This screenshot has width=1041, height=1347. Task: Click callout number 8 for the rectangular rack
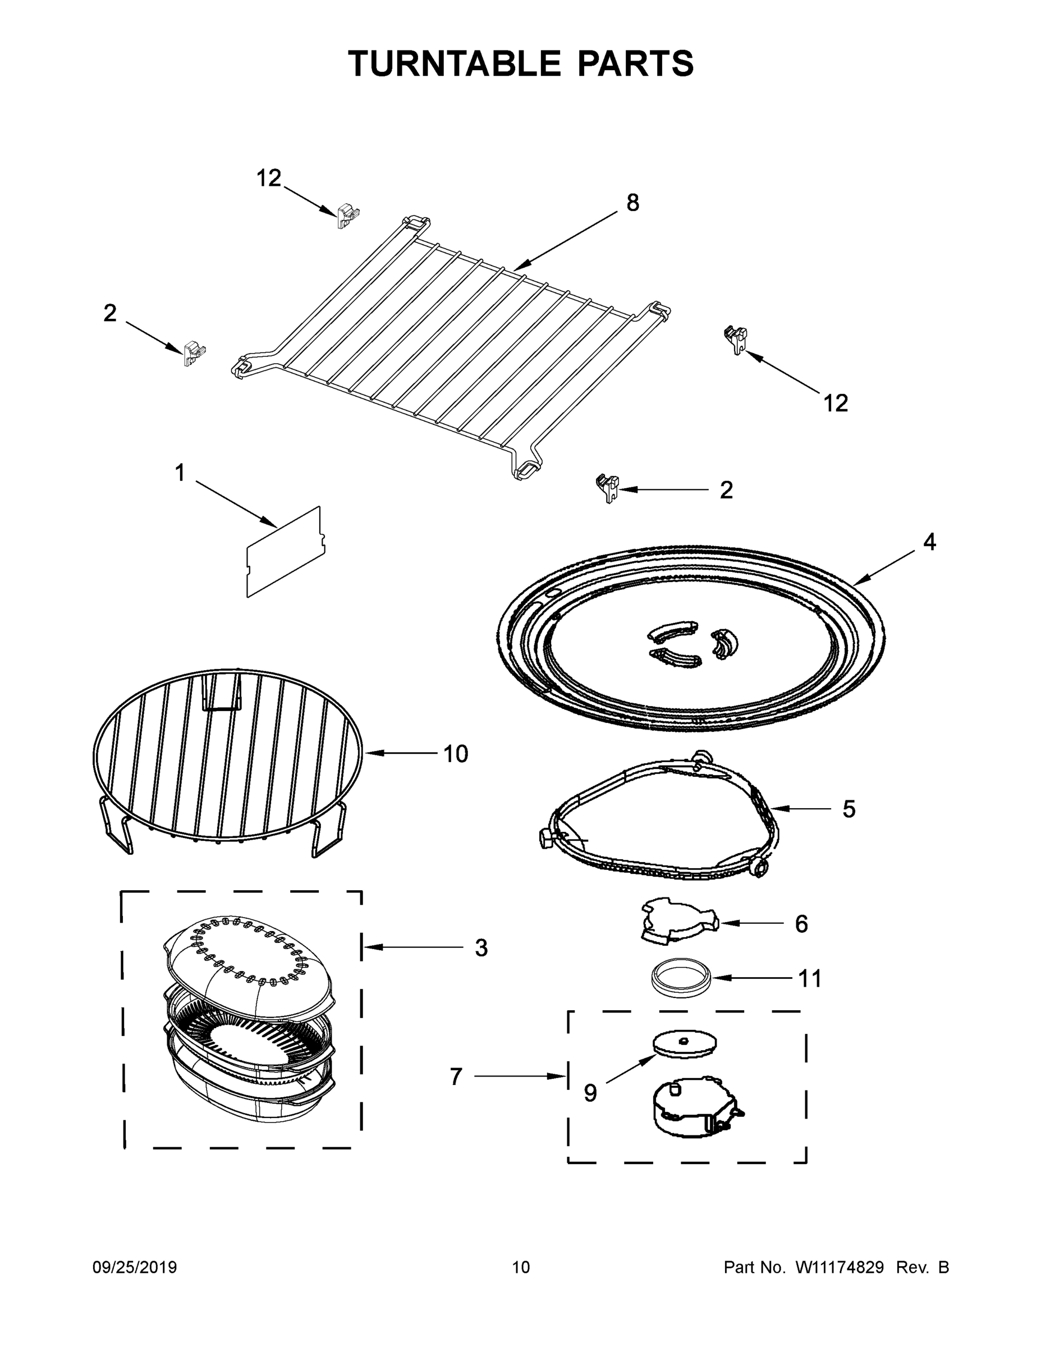click(x=633, y=203)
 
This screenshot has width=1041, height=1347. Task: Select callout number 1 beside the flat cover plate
click(x=180, y=473)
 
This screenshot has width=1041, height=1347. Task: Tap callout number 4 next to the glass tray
click(x=929, y=542)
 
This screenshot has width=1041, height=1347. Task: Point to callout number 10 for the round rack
click(x=456, y=754)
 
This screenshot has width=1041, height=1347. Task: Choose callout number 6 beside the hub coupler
click(x=801, y=924)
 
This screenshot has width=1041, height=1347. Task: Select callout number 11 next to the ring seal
click(x=810, y=978)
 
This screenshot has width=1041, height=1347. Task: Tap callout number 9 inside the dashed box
click(x=590, y=1093)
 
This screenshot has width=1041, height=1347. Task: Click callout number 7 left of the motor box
click(x=456, y=1076)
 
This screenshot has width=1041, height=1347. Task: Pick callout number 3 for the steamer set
click(x=481, y=948)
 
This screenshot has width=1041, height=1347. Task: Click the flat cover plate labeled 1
click(x=285, y=553)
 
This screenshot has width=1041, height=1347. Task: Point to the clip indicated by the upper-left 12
click(x=348, y=217)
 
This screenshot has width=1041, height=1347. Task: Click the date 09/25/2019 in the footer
click(x=135, y=1267)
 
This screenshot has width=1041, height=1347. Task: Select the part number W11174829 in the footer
click(x=840, y=1267)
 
